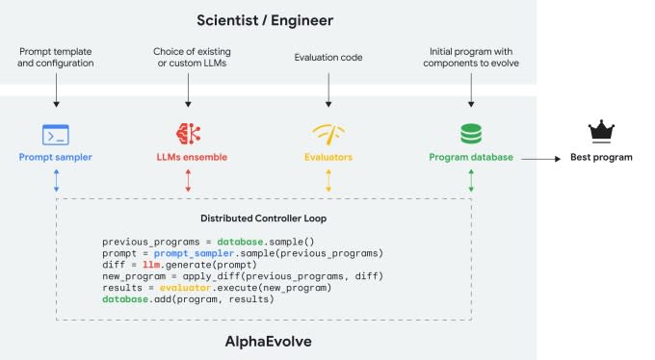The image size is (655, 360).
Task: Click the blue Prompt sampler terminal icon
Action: [x=56, y=134]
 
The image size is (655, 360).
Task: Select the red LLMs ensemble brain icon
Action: [x=188, y=134]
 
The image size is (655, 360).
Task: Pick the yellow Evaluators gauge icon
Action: [x=328, y=134]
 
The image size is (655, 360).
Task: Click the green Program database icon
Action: [x=470, y=134]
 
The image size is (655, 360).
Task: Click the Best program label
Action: [x=601, y=156]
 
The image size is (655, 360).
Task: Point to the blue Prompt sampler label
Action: [x=56, y=156]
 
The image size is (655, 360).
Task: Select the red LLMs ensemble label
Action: [x=188, y=156]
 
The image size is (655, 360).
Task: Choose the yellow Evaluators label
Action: [x=328, y=156]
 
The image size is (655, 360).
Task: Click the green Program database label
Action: [x=470, y=156]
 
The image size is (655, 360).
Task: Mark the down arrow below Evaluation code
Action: [x=328, y=90]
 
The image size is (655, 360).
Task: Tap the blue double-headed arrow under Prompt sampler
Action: [x=56, y=181]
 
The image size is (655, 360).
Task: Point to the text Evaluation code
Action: [x=328, y=58]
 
